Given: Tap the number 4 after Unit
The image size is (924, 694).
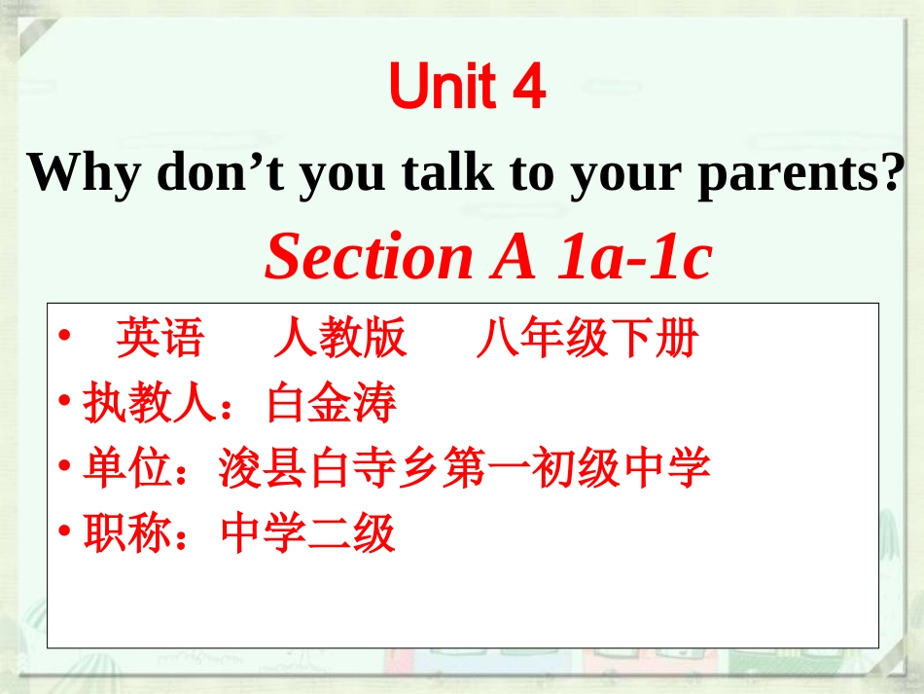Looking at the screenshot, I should coord(526,90).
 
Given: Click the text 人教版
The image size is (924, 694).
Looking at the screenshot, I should coord(339,339).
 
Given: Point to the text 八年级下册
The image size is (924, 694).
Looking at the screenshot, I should coord(587,339).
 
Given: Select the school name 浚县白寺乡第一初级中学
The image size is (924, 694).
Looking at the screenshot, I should coord(465,469).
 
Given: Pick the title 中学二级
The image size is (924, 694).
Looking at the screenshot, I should coord(308,534).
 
